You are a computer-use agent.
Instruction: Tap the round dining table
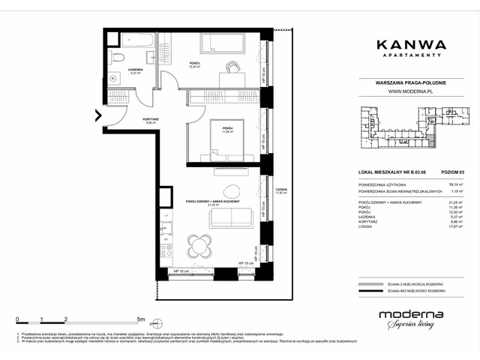pyautogui.click(x=199, y=246)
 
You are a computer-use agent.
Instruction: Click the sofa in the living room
pyautogui.click(x=232, y=217)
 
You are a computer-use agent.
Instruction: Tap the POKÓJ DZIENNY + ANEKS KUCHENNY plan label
pyautogui.click(x=213, y=202)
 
